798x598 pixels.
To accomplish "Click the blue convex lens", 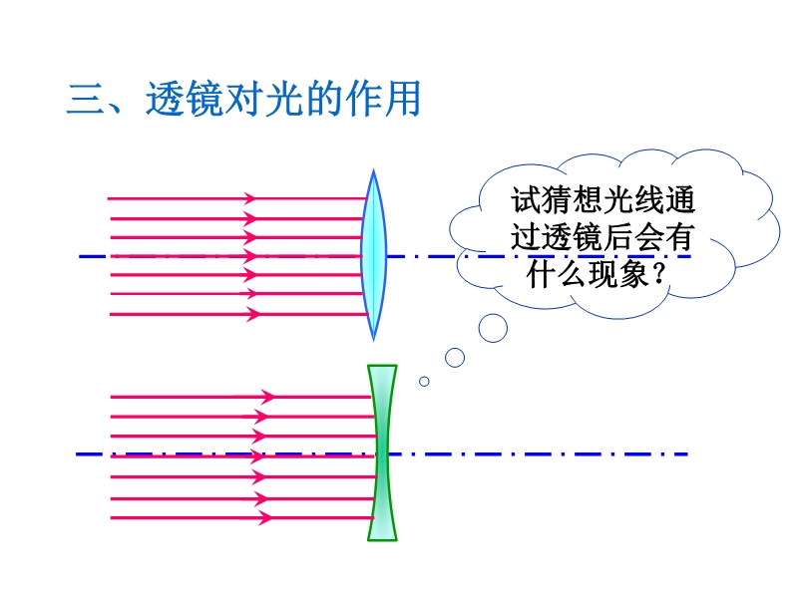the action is pos(373,255).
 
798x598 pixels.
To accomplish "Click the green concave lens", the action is pos(382,452).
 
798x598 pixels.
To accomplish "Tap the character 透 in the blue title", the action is pos(165,99).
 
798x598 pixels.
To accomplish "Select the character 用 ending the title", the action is pos(403,99).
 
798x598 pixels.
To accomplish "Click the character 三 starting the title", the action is pos(85,99).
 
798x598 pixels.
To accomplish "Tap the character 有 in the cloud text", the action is pos(679,237).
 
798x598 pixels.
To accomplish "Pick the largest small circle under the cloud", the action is pos(493,328).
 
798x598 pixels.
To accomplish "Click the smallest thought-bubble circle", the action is pos(424,382).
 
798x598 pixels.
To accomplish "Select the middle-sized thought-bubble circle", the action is pos(455,358).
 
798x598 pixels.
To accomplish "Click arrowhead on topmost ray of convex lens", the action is pos(250,198).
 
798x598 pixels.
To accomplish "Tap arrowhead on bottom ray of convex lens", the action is pos(253,314).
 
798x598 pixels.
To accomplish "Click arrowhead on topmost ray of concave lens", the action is pos(267,396).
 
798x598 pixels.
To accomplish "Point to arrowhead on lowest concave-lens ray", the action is pos(265,518).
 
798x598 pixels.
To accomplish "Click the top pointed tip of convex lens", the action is pos(373,169).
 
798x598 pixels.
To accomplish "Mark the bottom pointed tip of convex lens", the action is pos(373,341).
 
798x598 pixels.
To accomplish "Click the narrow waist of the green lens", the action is pos(382,452).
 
